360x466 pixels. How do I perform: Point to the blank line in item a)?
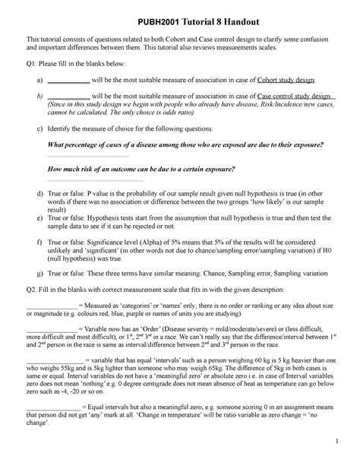point(68,81)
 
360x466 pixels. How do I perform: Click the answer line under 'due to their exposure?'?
point(77,156)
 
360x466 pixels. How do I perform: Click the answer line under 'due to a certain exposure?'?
point(95,181)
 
